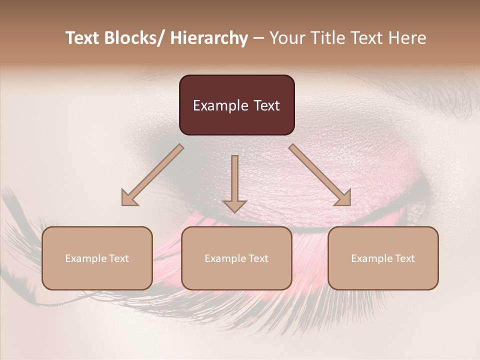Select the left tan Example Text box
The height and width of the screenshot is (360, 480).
coord(97,258)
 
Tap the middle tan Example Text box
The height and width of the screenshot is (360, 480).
coord(236,258)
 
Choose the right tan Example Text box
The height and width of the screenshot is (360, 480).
coord(383,258)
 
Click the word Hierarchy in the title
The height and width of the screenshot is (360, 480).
coord(209,38)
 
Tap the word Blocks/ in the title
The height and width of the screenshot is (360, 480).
coord(135,38)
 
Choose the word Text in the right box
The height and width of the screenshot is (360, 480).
coord(404,258)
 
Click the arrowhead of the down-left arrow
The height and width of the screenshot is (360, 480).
coord(129,198)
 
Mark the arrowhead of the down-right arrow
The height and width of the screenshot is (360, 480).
coord(343,198)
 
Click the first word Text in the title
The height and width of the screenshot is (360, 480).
coord(83,38)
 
